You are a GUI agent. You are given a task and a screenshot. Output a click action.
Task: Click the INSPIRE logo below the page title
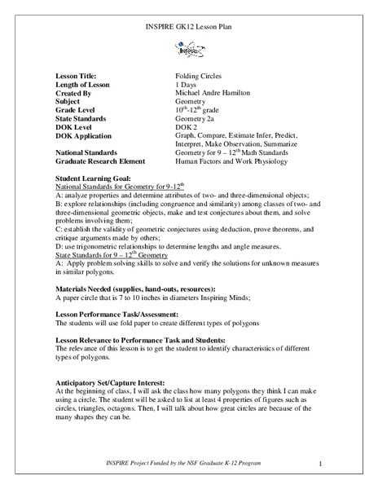point(188,49)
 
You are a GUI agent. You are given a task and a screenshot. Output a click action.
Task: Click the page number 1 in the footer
point(322,465)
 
